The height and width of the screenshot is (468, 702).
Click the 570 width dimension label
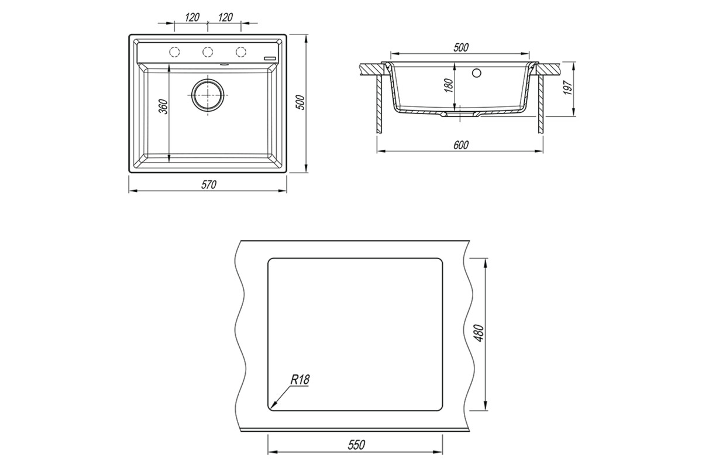click(x=209, y=185)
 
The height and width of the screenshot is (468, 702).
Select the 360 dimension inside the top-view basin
click(x=164, y=106)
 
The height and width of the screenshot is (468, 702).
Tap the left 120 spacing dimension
click(x=192, y=17)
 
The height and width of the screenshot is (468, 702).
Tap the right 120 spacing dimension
click(x=225, y=17)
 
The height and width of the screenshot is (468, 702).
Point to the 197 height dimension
click(x=567, y=88)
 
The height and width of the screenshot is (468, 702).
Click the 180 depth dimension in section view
click(x=449, y=85)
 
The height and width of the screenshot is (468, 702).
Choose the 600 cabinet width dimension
click(x=461, y=145)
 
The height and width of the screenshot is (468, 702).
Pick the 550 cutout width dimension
click(x=356, y=445)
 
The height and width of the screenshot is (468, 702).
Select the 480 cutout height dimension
click(x=480, y=333)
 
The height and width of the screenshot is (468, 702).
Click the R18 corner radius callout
click(x=300, y=380)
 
